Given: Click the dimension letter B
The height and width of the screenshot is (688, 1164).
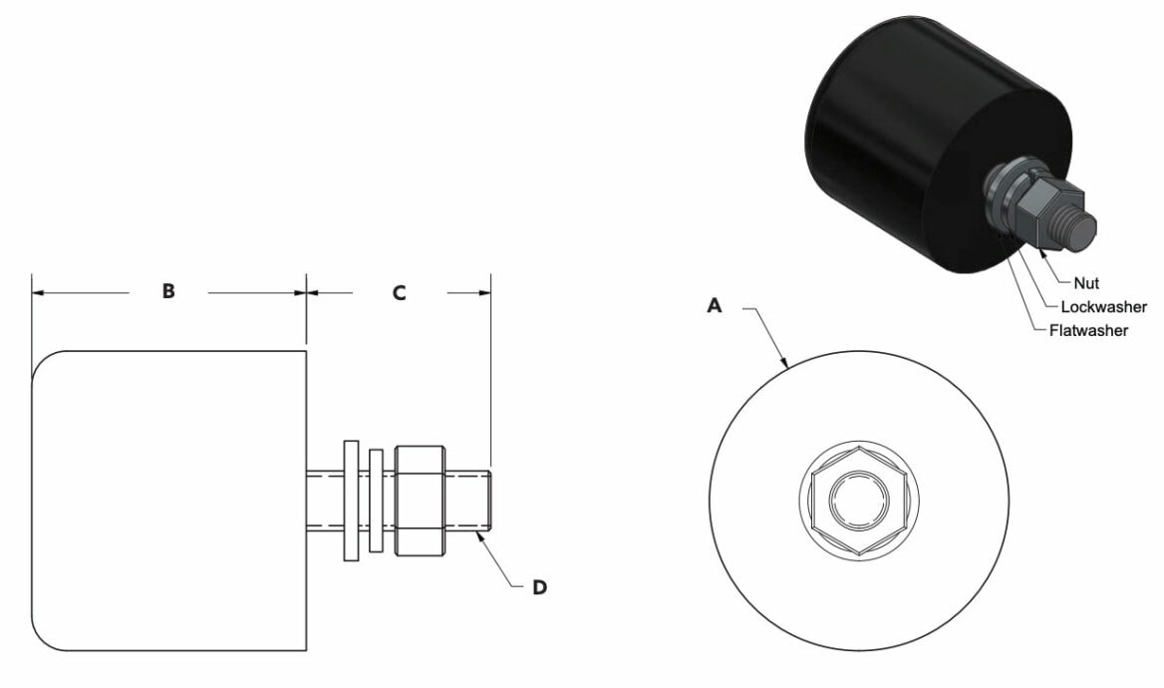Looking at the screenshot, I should point(169,292).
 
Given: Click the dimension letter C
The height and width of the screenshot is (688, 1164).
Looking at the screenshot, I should point(399,293).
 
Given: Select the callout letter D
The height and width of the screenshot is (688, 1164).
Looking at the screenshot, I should point(539,587).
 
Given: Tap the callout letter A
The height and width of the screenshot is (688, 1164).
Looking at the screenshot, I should point(714,307).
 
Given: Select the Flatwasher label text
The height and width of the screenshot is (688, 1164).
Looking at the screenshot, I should point(1088,330).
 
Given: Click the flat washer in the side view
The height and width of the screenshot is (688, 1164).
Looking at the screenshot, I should point(350,500).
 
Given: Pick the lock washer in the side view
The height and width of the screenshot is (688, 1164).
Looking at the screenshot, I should point(376,500).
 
